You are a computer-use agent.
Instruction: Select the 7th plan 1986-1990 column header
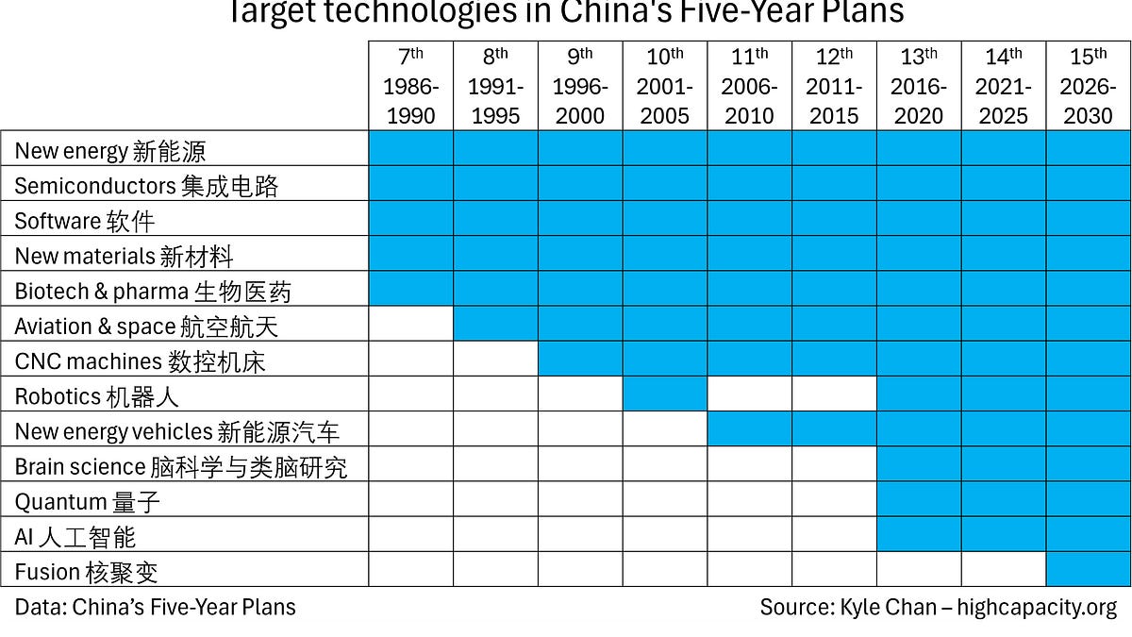click(410, 87)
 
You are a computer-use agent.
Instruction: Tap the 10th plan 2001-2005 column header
click(664, 87)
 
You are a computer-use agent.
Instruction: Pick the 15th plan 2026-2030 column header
click(1088, 87)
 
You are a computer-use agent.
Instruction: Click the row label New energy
click(109, 150)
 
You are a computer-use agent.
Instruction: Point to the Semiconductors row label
click(146, 185)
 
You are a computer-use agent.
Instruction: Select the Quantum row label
click(88, 501)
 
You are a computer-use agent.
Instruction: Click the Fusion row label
click(86, 571)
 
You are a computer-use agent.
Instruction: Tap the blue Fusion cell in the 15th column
click(1088, 569)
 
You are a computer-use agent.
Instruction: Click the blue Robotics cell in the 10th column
click(664, 394)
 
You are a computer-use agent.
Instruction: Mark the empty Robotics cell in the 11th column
click(749, 394)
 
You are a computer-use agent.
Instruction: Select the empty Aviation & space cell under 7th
click(410, 324)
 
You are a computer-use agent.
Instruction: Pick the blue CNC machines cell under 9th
click(580, 359)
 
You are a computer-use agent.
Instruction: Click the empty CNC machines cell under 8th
click(495, 359)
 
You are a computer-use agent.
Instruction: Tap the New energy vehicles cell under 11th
click(749, 429)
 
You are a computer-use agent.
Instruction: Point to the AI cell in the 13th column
click(918, 534)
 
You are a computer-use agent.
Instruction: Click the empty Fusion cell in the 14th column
click(1003, 569)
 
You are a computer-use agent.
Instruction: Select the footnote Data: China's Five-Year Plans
click(155, 607)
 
